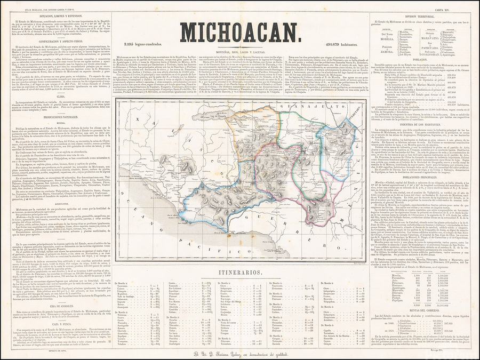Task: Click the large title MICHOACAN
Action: (x=239, y=32)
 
